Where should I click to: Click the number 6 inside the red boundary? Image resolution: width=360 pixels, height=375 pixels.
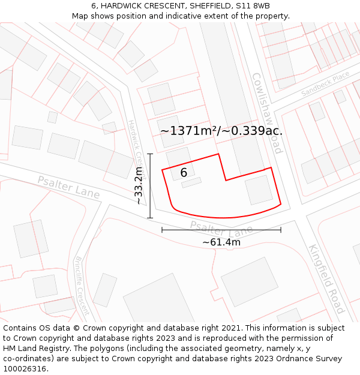click(184, 173)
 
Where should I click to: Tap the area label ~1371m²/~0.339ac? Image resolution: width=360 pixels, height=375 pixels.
click(221, 130)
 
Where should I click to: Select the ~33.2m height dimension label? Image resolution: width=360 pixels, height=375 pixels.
click(139, 187)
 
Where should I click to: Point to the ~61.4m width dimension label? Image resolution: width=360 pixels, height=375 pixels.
click(221, 242)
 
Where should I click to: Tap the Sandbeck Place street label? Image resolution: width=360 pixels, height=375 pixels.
click(325, 84)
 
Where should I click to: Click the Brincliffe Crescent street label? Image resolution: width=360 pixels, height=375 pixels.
click(82, 286)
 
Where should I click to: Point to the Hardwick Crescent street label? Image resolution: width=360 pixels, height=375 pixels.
click(137, 149)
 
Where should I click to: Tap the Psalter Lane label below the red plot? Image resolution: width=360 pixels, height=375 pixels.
click(221, 228)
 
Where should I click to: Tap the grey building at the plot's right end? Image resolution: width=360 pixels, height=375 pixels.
click(259, 190)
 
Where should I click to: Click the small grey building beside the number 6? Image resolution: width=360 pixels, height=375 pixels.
click(191, 182)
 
